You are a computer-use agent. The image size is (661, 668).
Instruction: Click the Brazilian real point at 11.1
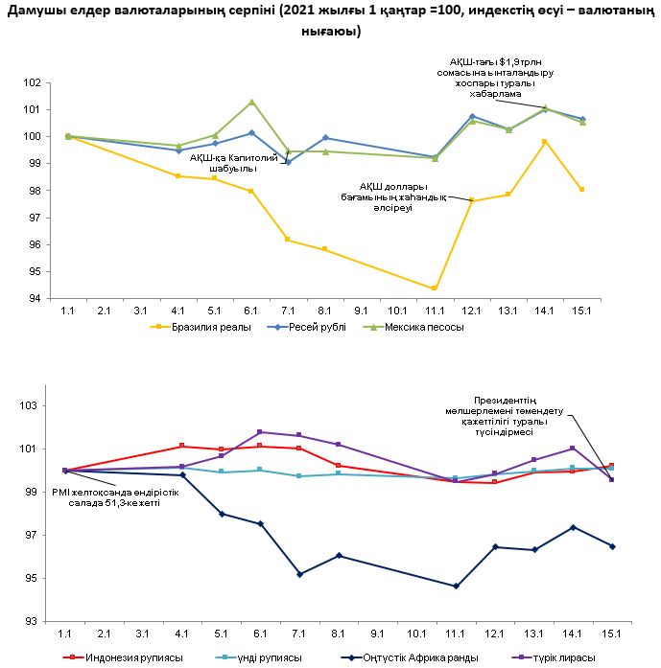[x=435, y=288]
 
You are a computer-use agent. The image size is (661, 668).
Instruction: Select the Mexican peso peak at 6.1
[x=251, y=102]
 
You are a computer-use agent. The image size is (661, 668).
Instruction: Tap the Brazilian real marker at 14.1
[x=545, y=142]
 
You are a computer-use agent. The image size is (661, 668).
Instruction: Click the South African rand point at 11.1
[x=456, y=586]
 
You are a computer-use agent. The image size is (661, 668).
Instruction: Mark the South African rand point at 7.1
[x=300, y=574]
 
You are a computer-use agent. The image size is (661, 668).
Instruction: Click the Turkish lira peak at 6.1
[x=261, y=432]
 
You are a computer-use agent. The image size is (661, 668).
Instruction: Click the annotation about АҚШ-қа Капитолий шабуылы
[x=222, y=162]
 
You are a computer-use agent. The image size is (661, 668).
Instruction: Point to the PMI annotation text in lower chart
[x=110, y=497]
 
